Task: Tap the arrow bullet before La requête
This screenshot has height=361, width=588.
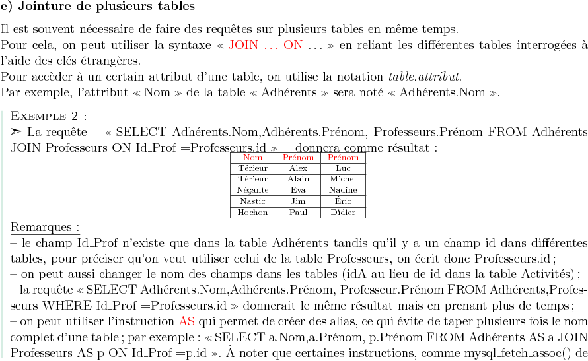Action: point(17,131)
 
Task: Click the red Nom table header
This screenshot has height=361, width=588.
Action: point(252,158)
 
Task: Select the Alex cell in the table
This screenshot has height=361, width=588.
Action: point(298,168)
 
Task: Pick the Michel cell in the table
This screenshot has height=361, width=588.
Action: point(343,179)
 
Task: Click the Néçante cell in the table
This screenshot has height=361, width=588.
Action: point(252,190)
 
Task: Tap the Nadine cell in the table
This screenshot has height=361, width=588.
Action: point(343,190)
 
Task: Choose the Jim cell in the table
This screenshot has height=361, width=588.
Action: point(298,201)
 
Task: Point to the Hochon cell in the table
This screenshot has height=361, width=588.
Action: point(252,213)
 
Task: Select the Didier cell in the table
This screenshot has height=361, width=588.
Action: point(343,213)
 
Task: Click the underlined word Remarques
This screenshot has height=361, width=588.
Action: point(44,228)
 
